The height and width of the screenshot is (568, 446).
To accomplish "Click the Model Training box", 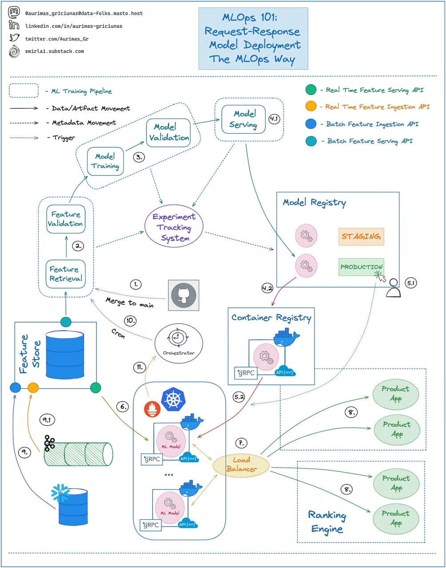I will click(x=105, y=161).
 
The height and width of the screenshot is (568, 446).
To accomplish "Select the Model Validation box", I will click(x=168, y=132).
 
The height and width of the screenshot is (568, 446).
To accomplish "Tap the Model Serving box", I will click(x=243, y=119).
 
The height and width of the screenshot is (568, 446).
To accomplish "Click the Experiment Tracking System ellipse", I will click(x=174, y=228).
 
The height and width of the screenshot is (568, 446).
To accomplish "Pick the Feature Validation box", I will click(x=66, y=219).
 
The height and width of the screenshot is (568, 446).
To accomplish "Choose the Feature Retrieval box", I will click(x=66, y=274).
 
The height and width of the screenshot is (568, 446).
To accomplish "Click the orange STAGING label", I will click(x=361, y=237).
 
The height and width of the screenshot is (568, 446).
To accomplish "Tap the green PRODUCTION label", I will click(x=361, y=267).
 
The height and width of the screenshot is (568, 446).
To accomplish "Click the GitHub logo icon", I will click(x=183, y=295).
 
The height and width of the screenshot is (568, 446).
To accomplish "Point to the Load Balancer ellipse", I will click(x=241, y=464).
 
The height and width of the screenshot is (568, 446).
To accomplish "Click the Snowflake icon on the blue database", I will click(x=60, y=493).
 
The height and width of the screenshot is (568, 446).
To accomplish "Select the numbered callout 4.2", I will click(x=267, y=288).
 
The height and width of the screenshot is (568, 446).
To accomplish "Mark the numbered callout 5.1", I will click(x=411, y=282).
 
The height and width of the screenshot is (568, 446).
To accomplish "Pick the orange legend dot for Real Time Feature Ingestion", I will click(x=311, y=106).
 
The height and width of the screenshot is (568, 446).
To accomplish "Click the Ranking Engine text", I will click(x=327, y=522).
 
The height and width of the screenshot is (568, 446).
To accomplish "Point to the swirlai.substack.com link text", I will click(x=55, y=51).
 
